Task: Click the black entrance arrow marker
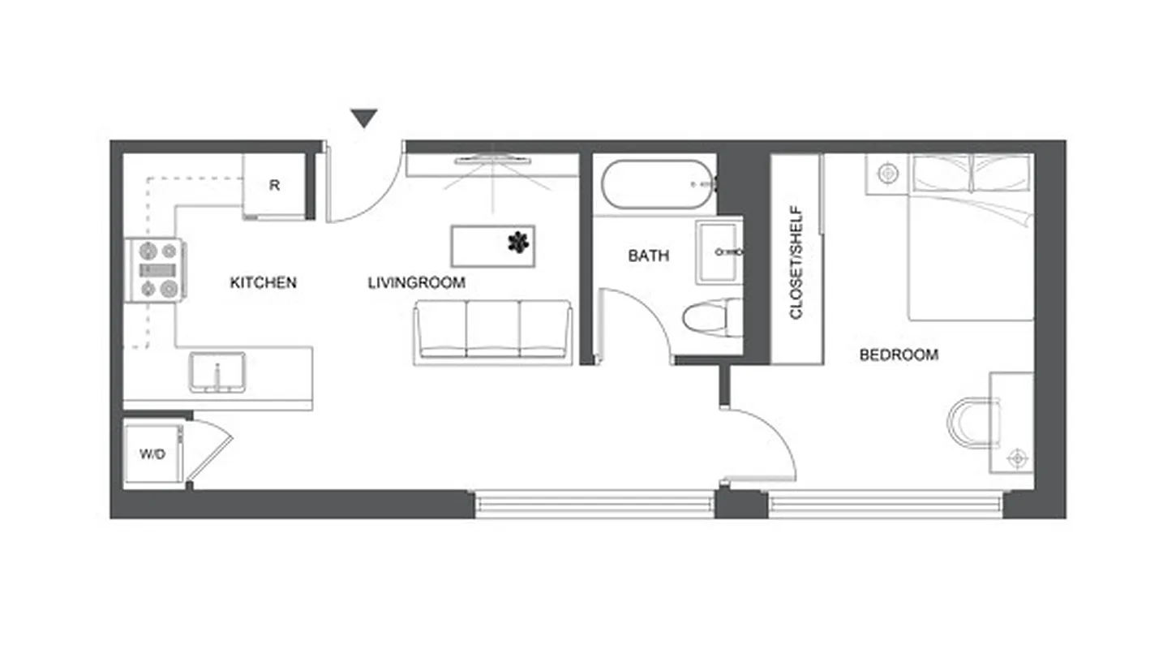365,119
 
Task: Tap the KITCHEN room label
264,283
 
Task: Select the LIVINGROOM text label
416,283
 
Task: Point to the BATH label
649,256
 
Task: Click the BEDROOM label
899,355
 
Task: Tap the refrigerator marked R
275,186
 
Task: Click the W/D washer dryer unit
153,453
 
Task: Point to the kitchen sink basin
217,372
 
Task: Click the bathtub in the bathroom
657,184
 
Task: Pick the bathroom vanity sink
717,252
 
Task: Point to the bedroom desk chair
973,421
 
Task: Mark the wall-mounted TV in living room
492,159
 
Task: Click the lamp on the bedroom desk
1017,458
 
